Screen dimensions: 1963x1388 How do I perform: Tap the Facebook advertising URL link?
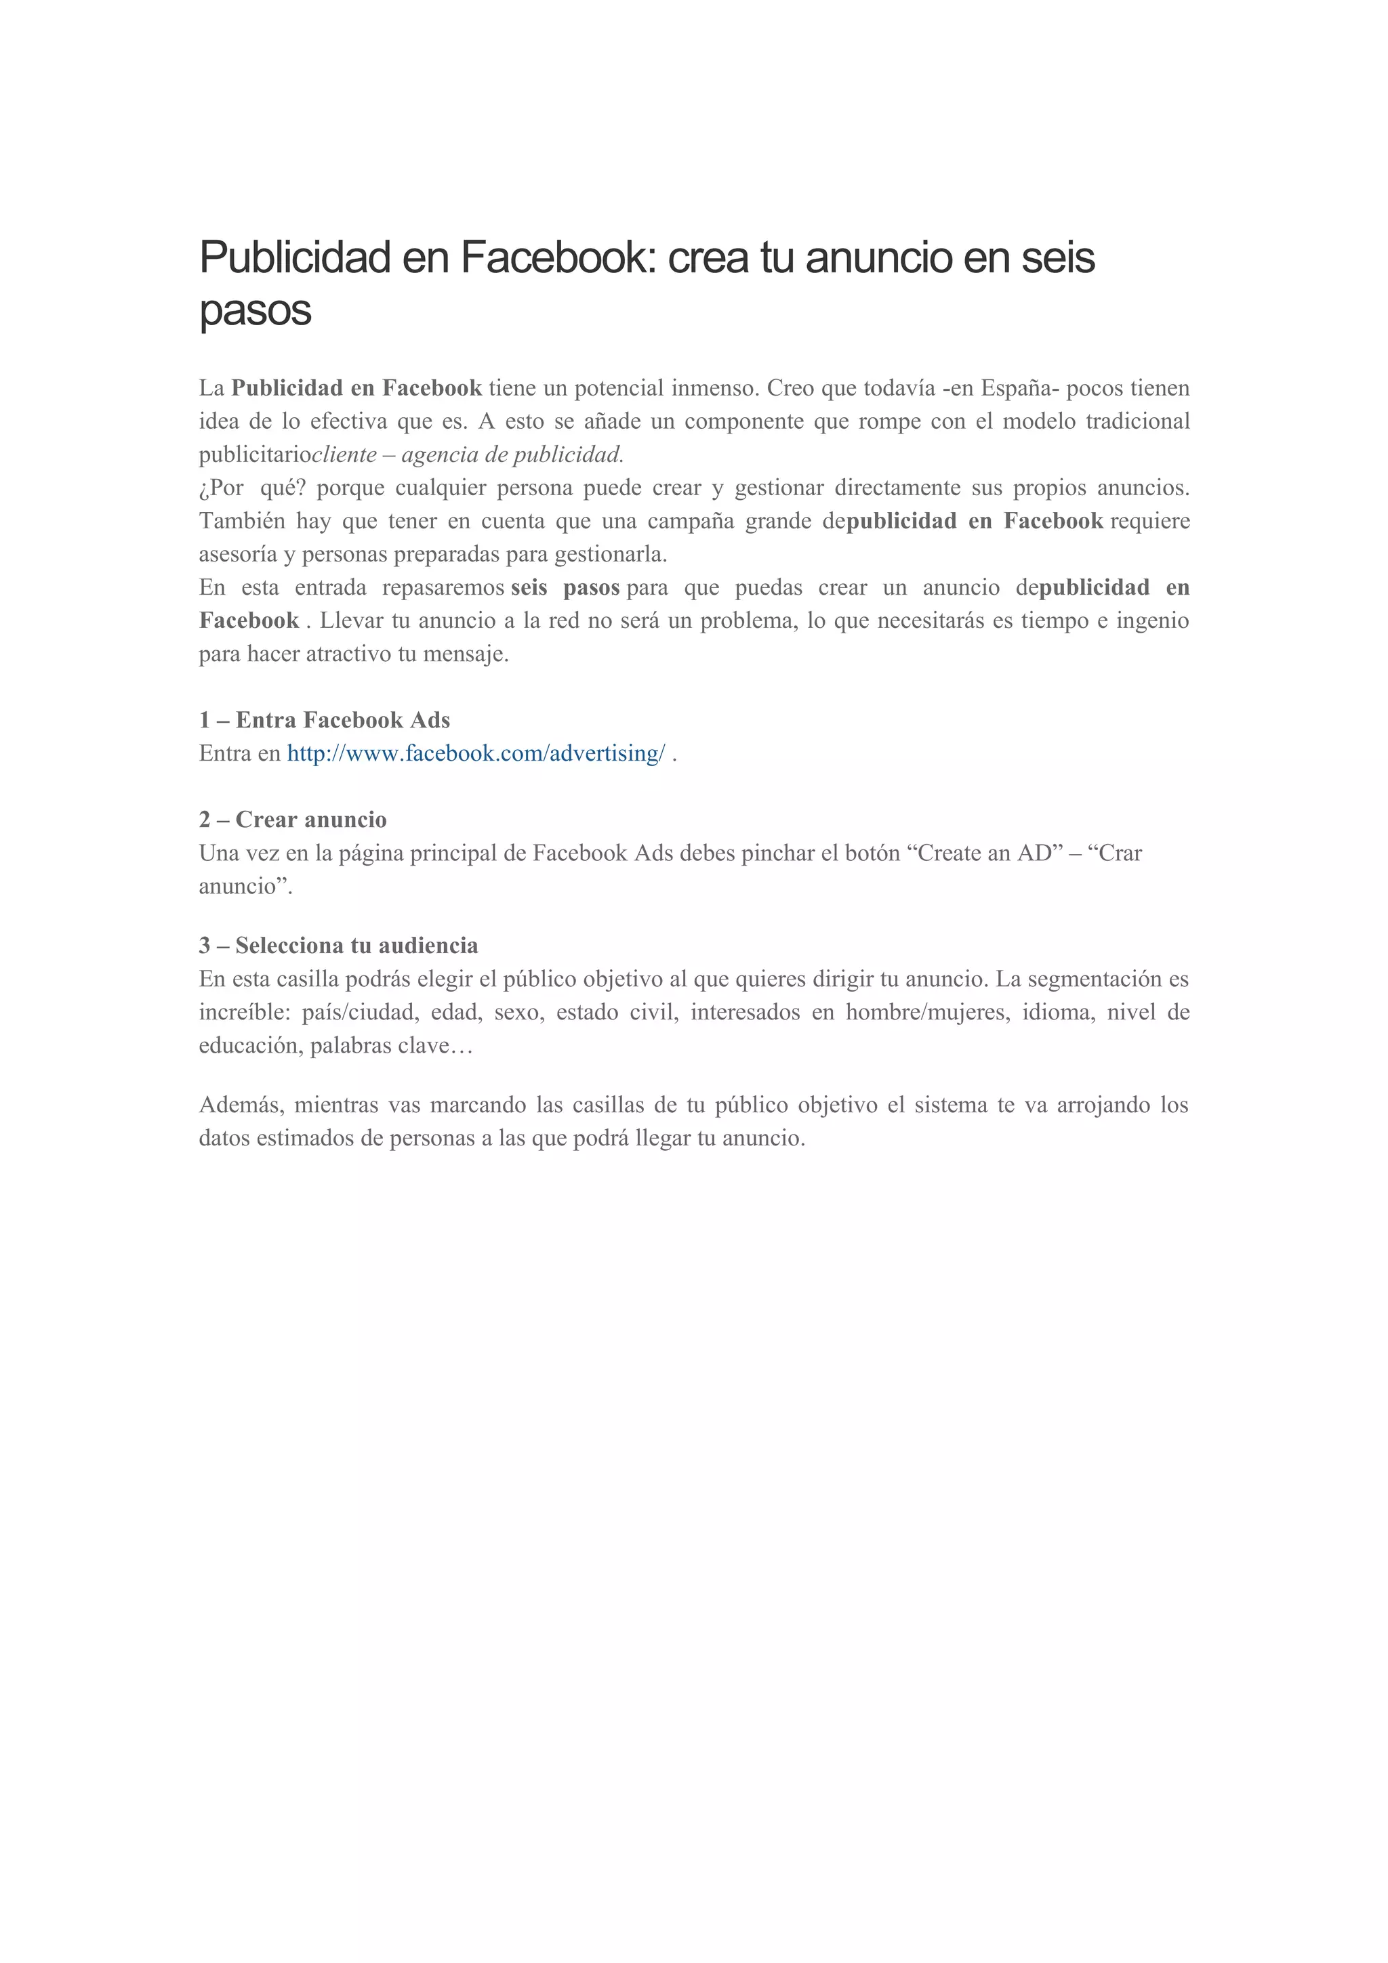[x=476, y=753]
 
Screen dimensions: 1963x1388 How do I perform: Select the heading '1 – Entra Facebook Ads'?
[x=324, y=720]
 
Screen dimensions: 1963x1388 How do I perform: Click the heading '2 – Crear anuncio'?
[x=293, y=819]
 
